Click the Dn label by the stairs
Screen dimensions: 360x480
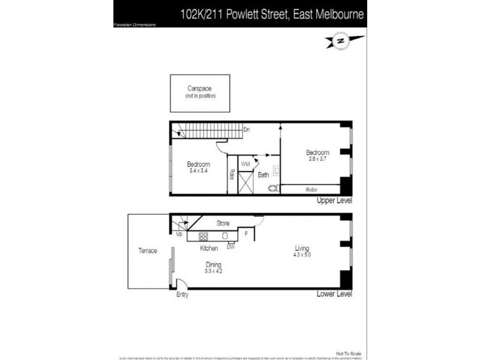(247, 129)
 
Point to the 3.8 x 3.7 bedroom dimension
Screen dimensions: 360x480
(317, 159)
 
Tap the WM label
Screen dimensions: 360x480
(245, 163)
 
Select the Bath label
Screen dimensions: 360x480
(263, 175)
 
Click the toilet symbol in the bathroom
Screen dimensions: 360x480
(275, 188)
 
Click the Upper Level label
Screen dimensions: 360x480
(334, 200)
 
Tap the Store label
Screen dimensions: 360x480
(223, 223)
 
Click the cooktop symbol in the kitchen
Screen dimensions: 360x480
(203, 236)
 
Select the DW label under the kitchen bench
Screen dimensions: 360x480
(230, 246)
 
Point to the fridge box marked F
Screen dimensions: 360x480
(246, 234)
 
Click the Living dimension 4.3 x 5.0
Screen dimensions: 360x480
(301, 255)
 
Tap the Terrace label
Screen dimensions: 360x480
(148, 250)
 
